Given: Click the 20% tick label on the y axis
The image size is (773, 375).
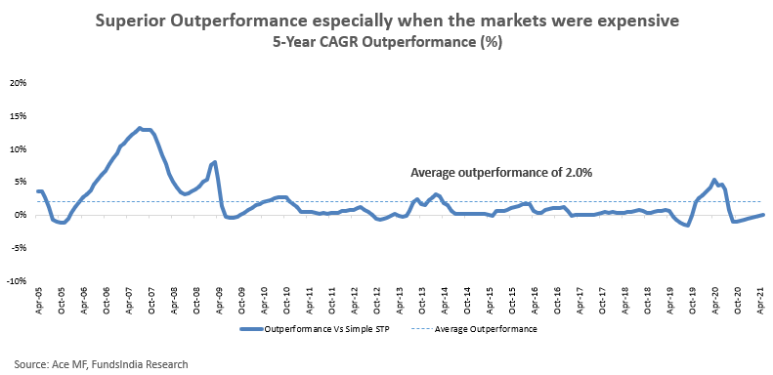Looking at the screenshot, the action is [18, 83].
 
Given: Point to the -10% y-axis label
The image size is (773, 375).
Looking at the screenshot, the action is [17, 281].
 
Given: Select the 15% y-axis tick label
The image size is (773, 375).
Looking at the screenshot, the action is [18, 116].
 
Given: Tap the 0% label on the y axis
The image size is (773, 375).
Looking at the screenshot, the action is [20, 215].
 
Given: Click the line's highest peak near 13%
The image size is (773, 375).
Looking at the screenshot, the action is [140, 128].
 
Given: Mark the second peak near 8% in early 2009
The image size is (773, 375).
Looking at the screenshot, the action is [215, 162].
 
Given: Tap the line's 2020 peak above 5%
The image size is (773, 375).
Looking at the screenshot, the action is [714, 180].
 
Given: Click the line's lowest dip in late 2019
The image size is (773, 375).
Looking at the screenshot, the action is [687, 226].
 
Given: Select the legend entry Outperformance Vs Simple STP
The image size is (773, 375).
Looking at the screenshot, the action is [315, 329].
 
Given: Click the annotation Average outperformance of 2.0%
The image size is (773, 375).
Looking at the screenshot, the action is [501, 173].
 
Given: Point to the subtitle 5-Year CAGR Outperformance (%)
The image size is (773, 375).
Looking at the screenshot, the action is [388, 43].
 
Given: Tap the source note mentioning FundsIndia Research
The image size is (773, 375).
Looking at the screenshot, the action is [101, 364].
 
